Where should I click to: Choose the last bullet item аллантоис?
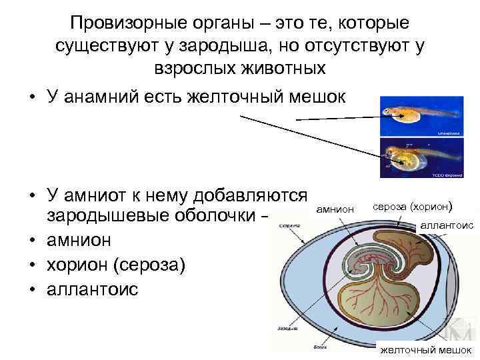(x=92, y=289)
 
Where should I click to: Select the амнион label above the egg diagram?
(x=335, y=209)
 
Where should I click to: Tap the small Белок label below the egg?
(x=319, y=347)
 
